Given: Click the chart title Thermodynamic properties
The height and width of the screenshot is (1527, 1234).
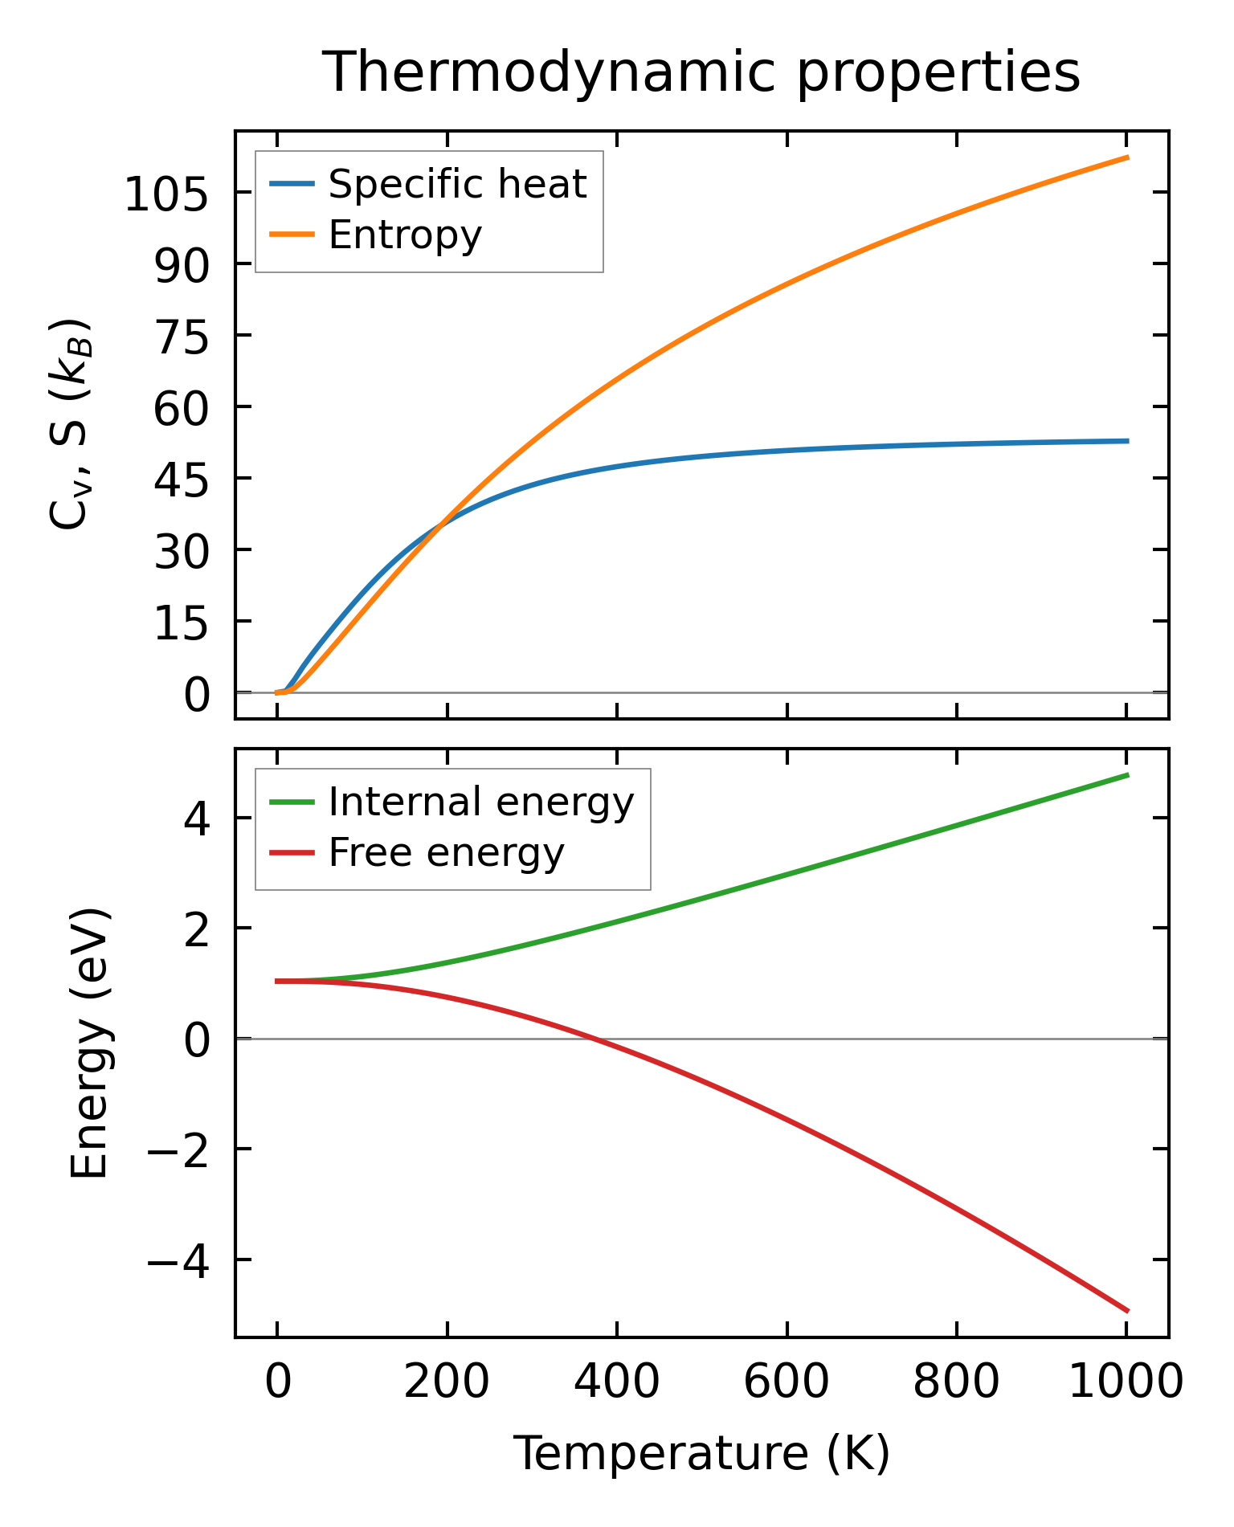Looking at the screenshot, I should tap(701, 72).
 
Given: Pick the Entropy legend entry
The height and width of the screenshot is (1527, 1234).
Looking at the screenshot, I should tap(405, 235).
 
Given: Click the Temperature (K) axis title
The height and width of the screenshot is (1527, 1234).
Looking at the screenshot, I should tap(701, 1453).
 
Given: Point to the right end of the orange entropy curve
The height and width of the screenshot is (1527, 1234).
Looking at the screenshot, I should tap(1128, 157).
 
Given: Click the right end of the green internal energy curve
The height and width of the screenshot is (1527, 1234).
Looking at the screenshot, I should tap(1128, 775).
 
